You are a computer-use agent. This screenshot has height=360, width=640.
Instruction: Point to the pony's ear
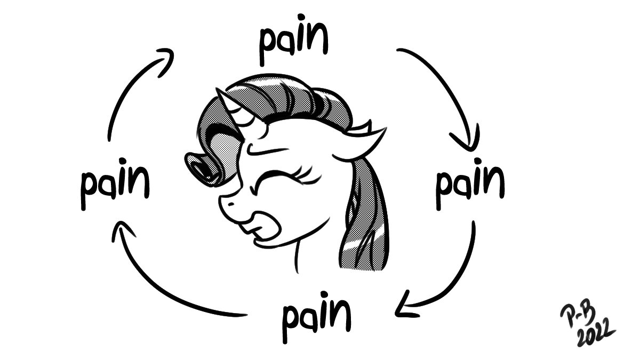tap(363, 141)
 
